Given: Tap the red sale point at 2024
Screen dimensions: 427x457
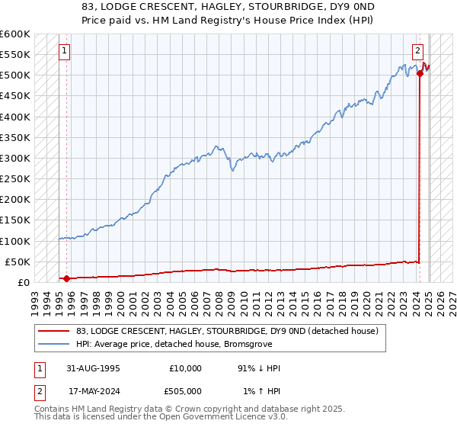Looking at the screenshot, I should pyautogui.click(x=420, y=73).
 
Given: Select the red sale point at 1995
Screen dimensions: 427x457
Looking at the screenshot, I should pyautogui.click(x=66, y=278).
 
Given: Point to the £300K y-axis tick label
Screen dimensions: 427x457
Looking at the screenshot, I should pyautogui.click(x=14, y=158).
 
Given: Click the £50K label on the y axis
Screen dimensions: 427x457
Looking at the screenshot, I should pyautogui.click(x=17, y=262).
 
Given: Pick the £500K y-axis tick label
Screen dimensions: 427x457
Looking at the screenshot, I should pyautogui.click(x=14, y=75).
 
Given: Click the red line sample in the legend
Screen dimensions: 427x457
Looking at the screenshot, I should pyautogui.click(x=53, y=331).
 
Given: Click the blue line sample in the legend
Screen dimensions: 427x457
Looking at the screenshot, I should pyautogui.click(x=53, y=345).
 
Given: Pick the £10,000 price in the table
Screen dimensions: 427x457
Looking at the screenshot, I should pyautogui.click(x=185, y=368).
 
